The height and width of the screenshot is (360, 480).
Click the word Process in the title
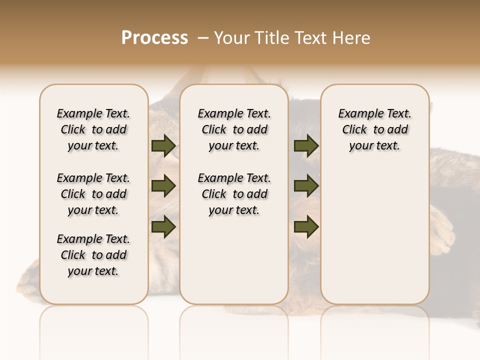click(x=154, y=38)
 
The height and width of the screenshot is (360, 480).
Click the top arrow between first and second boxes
click(x=163, y=146)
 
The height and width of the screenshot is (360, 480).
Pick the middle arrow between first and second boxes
click(x=163, y=186)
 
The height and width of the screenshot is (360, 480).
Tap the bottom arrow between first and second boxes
click(x=163, y=226)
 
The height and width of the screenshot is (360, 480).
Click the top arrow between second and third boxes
click(x=306, y=146)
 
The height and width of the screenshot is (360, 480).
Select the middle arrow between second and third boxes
click(x=306, y=186)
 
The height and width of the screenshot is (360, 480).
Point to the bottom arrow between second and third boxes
click(x=306, y=226)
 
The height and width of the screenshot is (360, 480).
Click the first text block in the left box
click(x=93, y=129)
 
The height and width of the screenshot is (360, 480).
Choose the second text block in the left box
click(x=93, y=194)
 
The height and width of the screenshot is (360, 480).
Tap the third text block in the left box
click(x=93, y=255)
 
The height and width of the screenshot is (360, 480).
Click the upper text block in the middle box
click(x=234, y=129)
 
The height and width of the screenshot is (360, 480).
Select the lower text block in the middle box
click(x=234, y=194)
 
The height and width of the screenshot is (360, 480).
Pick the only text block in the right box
click(x=375, y=129)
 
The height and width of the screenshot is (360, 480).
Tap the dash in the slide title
click(x=203, y=38)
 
